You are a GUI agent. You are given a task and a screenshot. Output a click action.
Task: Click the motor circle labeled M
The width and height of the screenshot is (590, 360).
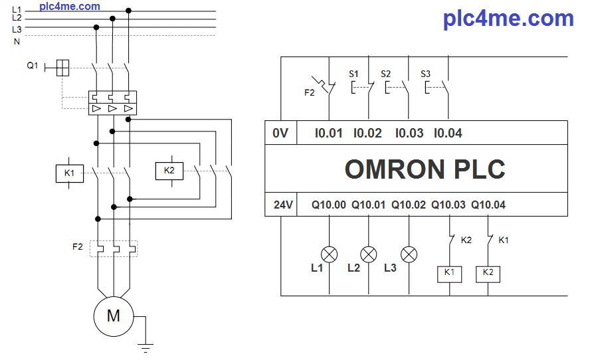point(114,315)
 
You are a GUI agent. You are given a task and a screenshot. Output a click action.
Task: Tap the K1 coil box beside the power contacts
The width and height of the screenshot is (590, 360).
point(69,174)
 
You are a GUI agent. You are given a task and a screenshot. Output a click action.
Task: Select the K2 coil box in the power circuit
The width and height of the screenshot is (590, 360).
point(169,171)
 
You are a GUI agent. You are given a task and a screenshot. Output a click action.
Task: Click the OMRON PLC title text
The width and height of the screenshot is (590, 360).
point(425,169)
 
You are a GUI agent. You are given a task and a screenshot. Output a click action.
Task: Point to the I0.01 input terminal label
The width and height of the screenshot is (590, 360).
point(328,133)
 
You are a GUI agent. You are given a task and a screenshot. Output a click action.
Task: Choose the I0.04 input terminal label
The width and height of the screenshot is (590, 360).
point(448,133)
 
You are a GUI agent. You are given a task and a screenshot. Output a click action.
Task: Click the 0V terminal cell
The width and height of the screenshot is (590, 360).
point(280,133)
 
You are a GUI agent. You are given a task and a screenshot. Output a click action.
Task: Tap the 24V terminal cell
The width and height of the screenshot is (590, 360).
point(283,205)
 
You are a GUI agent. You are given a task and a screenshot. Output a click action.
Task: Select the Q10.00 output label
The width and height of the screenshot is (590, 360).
point(329,205)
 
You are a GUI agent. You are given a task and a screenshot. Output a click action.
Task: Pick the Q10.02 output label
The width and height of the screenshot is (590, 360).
point(409,205)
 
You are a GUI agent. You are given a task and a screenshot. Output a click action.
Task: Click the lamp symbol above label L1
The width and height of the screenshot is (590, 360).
point(330,254)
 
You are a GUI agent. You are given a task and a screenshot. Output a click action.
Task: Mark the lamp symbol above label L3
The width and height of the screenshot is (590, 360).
point(410,254)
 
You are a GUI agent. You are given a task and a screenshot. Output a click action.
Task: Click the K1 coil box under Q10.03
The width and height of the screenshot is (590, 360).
point(449,272)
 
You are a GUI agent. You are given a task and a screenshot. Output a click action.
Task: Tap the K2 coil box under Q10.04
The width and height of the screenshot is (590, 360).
point(488,272)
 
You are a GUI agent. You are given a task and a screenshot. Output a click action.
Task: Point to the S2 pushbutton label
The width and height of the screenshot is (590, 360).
point(385,73)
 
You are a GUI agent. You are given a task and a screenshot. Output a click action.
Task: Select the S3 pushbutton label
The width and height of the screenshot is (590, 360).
point(426,73)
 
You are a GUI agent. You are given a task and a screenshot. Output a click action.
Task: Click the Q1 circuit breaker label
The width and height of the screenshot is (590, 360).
point(33,66)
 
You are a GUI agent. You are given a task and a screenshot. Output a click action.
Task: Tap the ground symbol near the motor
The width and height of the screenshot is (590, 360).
point(146,346)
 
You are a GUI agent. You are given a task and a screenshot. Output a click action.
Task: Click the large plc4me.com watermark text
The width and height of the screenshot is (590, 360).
point(508,18)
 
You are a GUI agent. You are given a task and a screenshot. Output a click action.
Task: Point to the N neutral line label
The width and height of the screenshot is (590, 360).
point(17,41)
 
